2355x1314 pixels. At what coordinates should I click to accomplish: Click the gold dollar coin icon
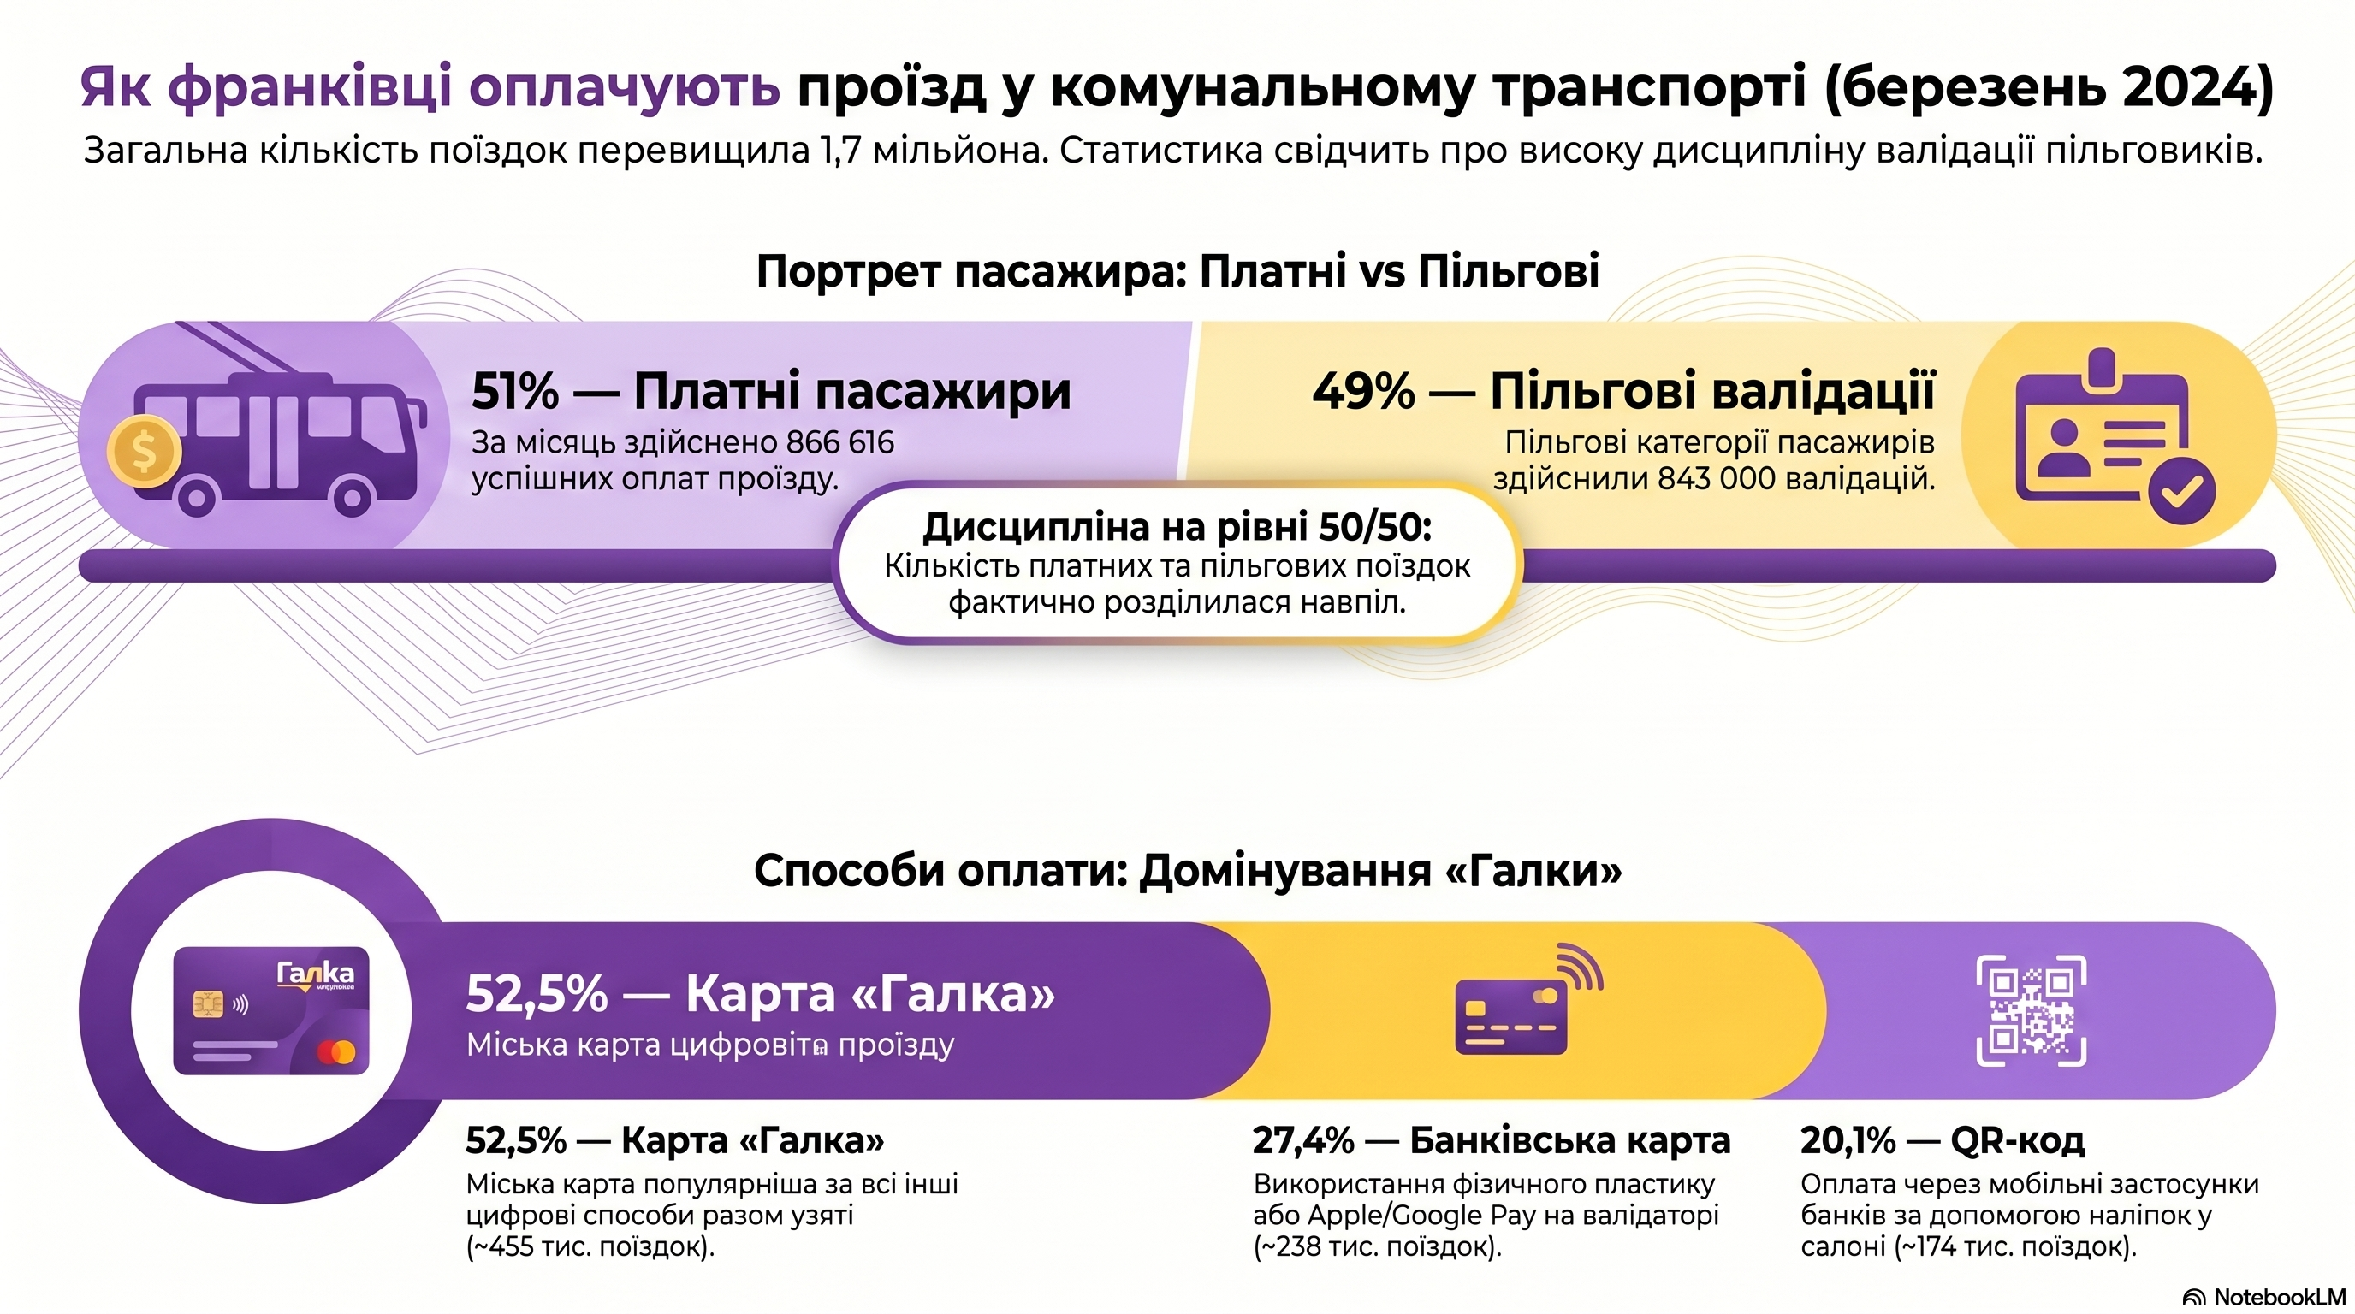pyautogui.click(x=144, y=451)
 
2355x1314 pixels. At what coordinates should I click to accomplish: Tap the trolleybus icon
pyautogui.click(x=279, y=439)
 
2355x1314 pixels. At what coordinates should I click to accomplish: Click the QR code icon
pyautogui.click(x=2031, y=1010)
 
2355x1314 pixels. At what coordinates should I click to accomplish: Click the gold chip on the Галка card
pyautogui.click(x=208, y=1004)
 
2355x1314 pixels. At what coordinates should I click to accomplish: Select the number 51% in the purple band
pyautogui.click(x=514, y=391)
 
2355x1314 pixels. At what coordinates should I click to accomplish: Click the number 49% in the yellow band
pyautogui.click(x=1363, y=391)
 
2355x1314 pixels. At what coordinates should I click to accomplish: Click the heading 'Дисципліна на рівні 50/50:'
pyautogui.click(x=1177, y=527)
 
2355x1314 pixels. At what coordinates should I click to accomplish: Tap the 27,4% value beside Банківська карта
pyautogui.click(x=1302, y=1140)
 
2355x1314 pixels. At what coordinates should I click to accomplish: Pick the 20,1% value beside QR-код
pyautogui.click(x=1848, y=1140)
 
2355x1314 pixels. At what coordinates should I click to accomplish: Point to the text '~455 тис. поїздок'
pyautogui.click(x=590, y=1246)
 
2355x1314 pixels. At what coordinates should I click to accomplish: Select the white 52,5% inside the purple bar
pyautogui.click(x=537, y=993)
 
